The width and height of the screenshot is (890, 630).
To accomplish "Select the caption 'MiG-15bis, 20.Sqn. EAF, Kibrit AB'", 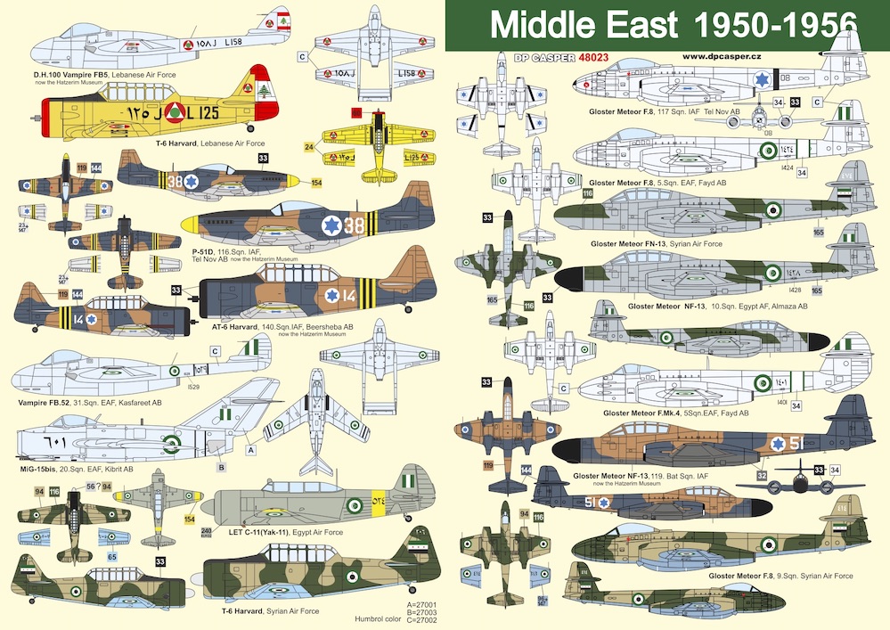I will [75, 469].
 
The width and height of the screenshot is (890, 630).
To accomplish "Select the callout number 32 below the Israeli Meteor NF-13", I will [762, 476].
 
